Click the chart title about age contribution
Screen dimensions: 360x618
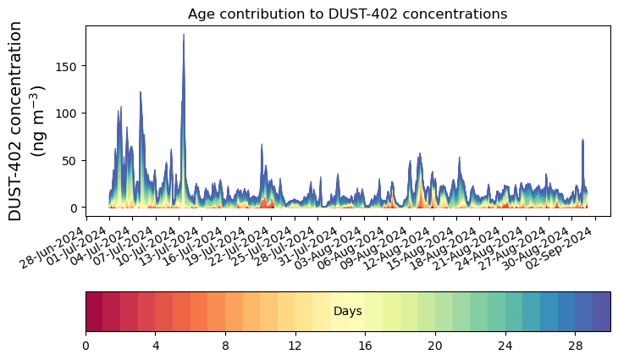pos(347,14)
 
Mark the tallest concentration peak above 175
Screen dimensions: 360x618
pos(184,36)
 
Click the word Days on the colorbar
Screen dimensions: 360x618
pos(348,312)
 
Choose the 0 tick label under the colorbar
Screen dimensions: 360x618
pos(86,346)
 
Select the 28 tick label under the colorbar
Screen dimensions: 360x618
pos(576,346)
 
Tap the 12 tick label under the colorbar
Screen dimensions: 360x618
pos(295,346)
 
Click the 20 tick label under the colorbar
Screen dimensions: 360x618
pos(435,346)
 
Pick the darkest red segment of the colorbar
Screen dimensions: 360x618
pos(94,311)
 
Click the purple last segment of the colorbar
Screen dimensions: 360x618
pos(602,311)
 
